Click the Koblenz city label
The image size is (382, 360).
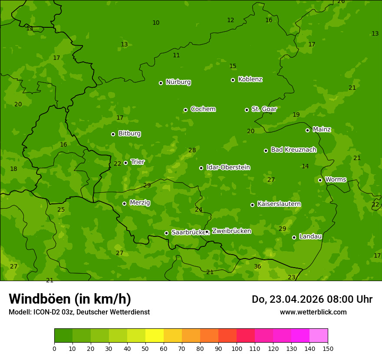(x=250, y=79)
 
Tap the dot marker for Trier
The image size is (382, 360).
(x=126, y=163)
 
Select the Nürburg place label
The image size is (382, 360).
(x=178, y=82)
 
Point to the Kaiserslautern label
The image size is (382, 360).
(x=279, y=204)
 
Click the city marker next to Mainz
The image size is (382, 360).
(x=307, y=130)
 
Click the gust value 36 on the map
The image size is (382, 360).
(x=257, y=266)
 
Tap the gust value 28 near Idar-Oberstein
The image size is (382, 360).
(x=192, y=150)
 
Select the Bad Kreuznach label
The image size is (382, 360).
(x=293, y=150)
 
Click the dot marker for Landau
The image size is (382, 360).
(x=294, y=237)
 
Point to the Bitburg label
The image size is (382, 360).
(x=129, y=134)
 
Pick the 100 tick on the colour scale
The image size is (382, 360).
(x=237, y=348)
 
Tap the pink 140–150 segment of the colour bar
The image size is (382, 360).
(x=319, y=336)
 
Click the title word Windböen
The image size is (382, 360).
(x=40, y=299)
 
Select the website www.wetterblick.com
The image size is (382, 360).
(x=313, y=312)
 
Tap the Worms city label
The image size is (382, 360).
(x=336, y=180)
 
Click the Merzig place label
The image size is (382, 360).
(x=140, y=203)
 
